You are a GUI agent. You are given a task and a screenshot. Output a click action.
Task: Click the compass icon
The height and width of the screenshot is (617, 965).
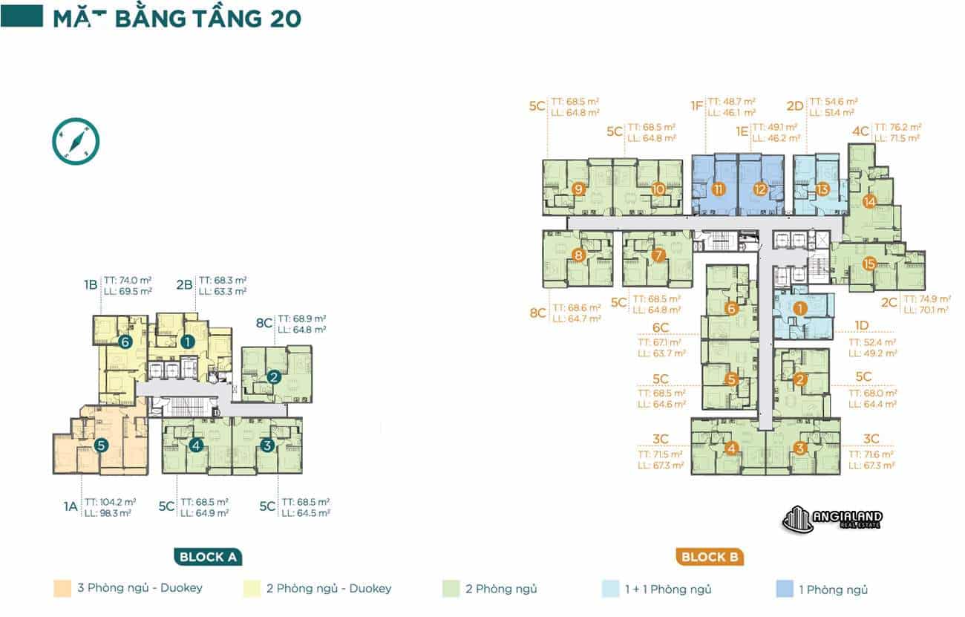point(76,141)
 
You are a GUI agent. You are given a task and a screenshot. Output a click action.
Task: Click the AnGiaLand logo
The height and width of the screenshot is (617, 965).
point(832,519)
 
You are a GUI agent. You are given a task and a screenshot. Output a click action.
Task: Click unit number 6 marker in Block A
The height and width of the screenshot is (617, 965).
point(125,342)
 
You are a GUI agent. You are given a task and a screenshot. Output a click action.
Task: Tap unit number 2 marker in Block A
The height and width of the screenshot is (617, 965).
point(274,377)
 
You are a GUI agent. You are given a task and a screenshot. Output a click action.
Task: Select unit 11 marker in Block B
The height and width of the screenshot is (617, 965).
point(718,189)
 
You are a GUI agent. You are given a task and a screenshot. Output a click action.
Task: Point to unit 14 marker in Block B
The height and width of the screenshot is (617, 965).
point(869,200)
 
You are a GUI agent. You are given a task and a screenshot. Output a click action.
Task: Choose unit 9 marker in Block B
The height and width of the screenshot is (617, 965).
point(579,189)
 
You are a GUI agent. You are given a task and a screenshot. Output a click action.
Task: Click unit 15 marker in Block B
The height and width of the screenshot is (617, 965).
point(869,264)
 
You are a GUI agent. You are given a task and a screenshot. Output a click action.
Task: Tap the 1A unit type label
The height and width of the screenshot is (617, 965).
point(70,507)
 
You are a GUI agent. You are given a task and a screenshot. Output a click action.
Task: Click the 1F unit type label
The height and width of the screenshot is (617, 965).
point(696,106)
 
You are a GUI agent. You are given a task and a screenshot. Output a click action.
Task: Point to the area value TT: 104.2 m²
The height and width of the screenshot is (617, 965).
point(108,502)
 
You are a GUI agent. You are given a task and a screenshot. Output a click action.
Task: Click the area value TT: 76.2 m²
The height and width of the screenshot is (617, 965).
point(898,127)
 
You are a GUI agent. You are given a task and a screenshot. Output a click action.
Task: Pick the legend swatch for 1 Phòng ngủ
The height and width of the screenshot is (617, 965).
point(784,590)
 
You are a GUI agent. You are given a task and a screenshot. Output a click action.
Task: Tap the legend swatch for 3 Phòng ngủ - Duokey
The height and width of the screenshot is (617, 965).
point(62,589)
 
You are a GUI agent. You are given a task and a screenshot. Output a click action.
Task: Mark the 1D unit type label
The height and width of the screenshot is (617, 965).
point(861,325)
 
